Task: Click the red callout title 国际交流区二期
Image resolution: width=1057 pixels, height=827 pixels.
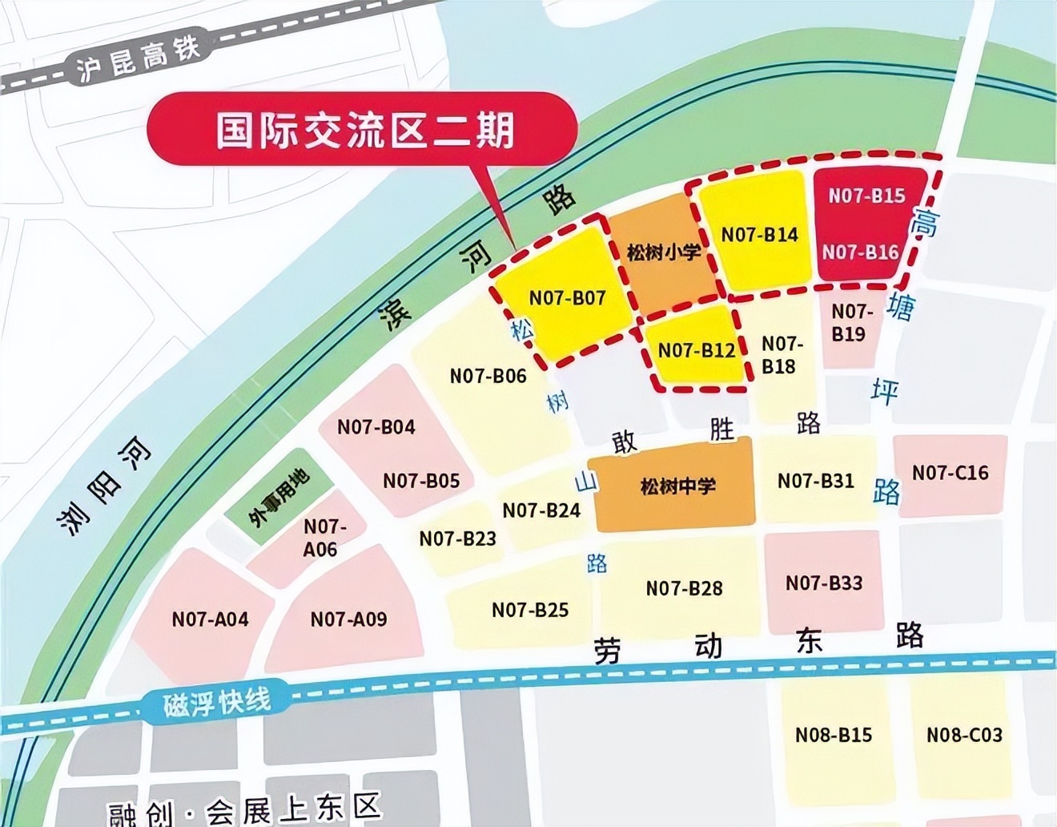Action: pyautogui.click(x=364, y=130)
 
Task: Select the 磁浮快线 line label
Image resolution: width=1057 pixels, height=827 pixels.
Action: pyautogui.click(x=217, y=703)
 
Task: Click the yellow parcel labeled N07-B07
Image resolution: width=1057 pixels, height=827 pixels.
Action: pyautogui.click(x=567, y=297)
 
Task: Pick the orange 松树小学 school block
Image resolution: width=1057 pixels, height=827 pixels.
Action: pyautogui.click(x=663, y=252)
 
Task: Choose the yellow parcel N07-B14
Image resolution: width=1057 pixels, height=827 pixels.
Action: pyautogui.click(x=759, y=234)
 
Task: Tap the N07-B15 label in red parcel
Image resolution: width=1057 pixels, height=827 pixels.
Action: pyautogui.click(x=866, y=196)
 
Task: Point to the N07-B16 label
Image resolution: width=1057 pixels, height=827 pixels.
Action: pyautogui.click(x=861, y=252)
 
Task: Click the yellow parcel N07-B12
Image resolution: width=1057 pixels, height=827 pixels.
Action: pyautogui.click(x=696, y=350)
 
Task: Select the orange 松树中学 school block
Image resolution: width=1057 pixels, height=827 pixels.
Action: pyautogui.click(x=677, y=486)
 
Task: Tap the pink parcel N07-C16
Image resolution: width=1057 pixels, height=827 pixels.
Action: pyautogui.click(x=950, y=473)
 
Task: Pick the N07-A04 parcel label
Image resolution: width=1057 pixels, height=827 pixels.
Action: pyautogui.click(x=210, y=619)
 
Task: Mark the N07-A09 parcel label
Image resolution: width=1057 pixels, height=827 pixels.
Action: pyautogui.click(x=348, y=619)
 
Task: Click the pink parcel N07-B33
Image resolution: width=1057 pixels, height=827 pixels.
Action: pyautogui.click(x=824, y=583)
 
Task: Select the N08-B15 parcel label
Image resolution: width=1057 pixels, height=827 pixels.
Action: pyautogui.click(x=833, y=734)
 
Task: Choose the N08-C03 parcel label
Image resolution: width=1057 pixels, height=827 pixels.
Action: pyautogui.click(x=964, y=734)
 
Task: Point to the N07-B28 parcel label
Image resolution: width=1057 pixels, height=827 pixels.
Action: pyautogui.click(x=684, y=588)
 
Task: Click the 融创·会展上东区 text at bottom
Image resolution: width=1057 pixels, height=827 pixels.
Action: pyautogui.click(x=244, y=809)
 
